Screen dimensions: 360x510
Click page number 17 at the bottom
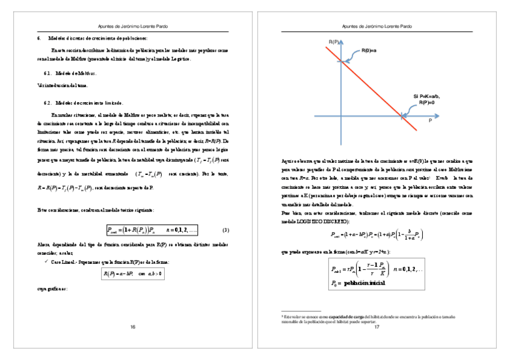(377, 328)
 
